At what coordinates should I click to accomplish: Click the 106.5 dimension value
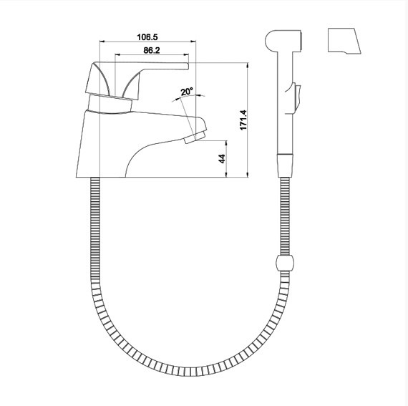147,37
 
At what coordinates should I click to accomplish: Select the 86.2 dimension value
152,50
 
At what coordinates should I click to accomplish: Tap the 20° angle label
187,92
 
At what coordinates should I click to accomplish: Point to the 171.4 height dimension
243,120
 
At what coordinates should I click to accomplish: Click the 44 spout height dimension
222,158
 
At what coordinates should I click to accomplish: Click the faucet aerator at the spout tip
195,137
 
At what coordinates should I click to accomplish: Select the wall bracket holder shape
344,41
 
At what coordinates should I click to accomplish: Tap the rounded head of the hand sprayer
283,41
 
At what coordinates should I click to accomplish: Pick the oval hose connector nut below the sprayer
285,263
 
